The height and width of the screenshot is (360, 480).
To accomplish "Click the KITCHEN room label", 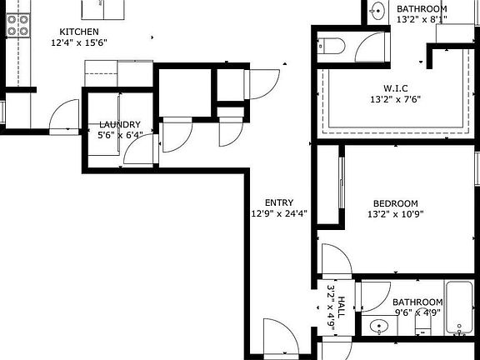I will pyautogui.click(x=79, y=32).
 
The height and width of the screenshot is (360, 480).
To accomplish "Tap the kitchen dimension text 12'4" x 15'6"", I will pyautogui.click(x=79, y=42).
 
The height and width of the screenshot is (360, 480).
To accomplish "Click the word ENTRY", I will pyautogui.click(x=278, y=202).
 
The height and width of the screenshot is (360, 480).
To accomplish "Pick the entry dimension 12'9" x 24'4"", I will pyautogui.click(x=278, y=213).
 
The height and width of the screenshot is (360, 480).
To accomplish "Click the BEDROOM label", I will pyautogui.click(x=395, y=203).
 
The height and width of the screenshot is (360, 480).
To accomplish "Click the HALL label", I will pyautogui.click(x=341, y=296).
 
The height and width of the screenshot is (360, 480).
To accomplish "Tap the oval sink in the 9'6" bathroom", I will pyautogui.click(x=379, y=327).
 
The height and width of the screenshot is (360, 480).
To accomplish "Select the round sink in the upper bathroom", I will pyautogui.click(x=377, y=11).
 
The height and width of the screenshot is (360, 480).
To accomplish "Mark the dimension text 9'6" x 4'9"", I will pyautogui.click(x=417, y=312).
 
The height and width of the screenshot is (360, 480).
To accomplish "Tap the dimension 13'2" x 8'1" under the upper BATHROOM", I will pyautogui.click(x=422, y=18).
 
